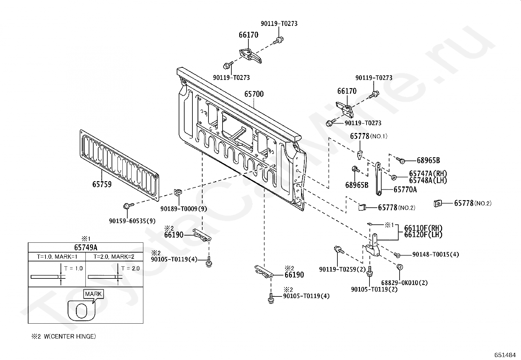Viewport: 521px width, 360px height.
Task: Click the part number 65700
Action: (x=254, y=94)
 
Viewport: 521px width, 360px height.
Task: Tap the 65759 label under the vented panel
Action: (x=102, y=184)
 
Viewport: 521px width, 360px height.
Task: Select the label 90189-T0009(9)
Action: (x=184, y=209)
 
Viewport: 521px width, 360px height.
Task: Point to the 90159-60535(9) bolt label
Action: (x=132, y=221)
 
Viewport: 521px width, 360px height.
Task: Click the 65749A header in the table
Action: (x=85, y=247)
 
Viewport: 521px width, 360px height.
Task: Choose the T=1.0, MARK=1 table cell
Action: (x=57, y=257)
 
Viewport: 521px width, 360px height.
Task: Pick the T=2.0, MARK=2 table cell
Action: (x=114, y=257)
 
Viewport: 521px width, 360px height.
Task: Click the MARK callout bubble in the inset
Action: (x=94, y=294)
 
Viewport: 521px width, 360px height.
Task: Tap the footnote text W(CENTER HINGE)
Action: (x=70, y=336)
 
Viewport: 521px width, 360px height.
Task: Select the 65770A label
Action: (x=405, y=190)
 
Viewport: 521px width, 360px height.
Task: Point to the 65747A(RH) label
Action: (x=428, y=174)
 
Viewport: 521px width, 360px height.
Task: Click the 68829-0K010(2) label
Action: (x=404, y=283)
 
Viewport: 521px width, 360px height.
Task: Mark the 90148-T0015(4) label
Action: (x=436, y=255)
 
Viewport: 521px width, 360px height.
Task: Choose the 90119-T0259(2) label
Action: (x=342, y=270)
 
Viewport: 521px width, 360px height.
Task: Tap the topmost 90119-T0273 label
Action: (x=279, y=24)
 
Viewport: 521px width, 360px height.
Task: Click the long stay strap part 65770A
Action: (x=378, y=179)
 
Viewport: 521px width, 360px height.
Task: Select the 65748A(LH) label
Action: (x=428, y=180)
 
